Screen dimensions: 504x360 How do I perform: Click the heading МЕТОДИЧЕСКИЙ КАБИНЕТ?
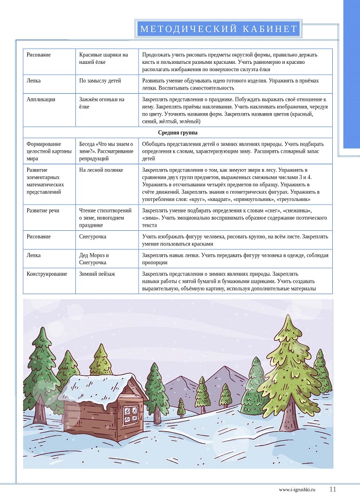click(x=219, y=29)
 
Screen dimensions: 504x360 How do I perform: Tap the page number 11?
click(x=332, y=490)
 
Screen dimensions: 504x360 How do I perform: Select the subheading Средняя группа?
click(x=177, y=132)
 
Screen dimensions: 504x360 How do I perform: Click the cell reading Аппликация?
click(x=41, y=99)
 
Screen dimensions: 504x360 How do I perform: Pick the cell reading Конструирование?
click(x=47, y=273)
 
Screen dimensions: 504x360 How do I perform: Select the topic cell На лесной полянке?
click(x=101, y=170)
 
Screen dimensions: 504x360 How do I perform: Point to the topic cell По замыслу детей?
click(x=100, y=81)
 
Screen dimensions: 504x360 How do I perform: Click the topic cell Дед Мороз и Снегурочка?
click(x=94, y=259)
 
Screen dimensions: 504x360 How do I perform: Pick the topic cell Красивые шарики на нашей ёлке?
click(x=103, y=58)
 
